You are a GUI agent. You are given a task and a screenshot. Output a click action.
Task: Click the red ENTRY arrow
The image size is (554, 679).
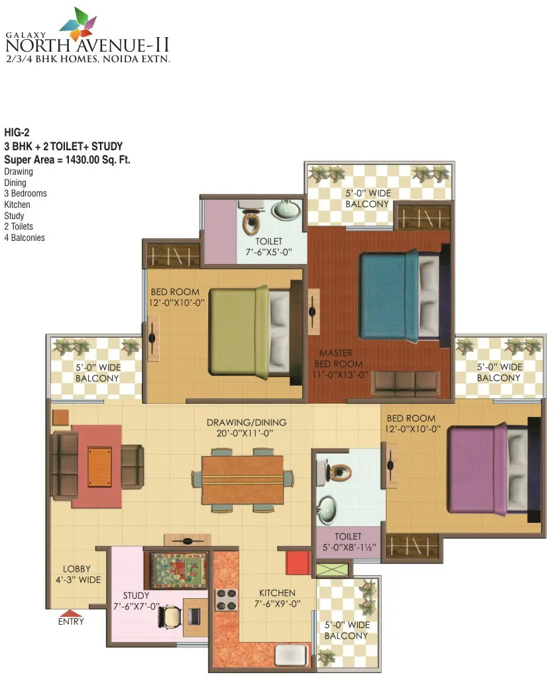click(x=71, y=613)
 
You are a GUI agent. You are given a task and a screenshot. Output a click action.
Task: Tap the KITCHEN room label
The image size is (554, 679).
click(x=277, y=593)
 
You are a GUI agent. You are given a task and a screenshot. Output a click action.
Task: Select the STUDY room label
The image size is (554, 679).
click(x=136, y=596)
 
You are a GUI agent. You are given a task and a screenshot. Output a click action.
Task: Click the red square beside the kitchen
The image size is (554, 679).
click(x=298, y=563)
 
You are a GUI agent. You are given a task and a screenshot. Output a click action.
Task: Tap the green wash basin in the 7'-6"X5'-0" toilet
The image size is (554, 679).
click(x=286, y=211)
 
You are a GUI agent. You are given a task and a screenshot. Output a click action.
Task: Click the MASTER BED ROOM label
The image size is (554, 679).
click(x=340, y=364)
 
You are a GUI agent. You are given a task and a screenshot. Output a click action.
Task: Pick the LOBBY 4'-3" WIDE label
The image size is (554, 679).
click(x=78, y=574)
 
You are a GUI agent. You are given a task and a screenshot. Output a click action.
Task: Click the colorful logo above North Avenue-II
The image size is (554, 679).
click(x=78, y=24)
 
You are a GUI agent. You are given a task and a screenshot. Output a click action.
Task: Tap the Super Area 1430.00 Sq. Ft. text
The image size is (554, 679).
click(x=67, y=159)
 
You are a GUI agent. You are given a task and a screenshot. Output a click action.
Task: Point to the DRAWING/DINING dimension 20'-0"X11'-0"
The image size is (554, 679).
click(x=245, y=433)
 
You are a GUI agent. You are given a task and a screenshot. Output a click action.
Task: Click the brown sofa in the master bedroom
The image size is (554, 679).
click(x=408, y=384)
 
